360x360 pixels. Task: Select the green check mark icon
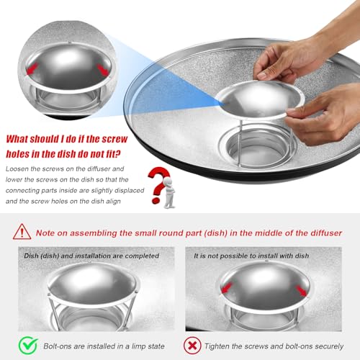[x=28, y=345]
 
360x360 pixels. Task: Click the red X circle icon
[x=192, y=346]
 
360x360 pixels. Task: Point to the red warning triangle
[x=22, y=232]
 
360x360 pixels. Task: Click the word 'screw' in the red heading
[x=114, y=139]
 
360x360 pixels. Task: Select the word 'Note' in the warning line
[x=45, y=233]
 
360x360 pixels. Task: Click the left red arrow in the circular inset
[x=32, y=68]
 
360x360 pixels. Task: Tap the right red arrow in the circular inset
[x=102, y=70]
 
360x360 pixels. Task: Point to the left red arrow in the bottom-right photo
[x=227, y=287]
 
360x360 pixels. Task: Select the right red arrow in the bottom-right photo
[x=301, y=291]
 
